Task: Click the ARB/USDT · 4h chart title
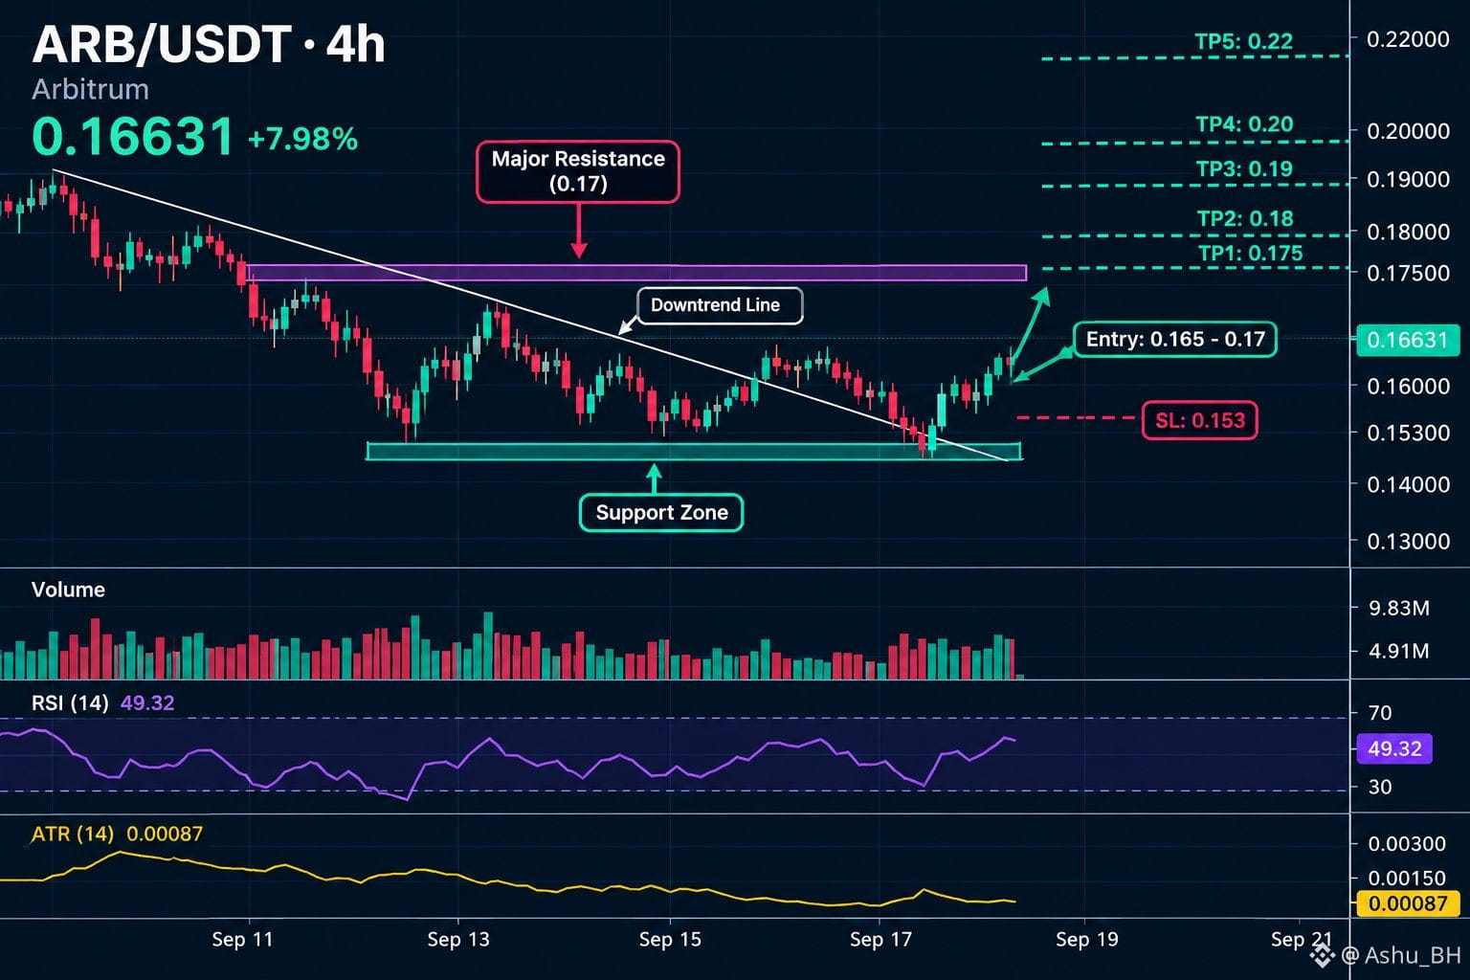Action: pyautogui.click(x=209, y=45)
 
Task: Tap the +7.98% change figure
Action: pyautogui.click(x=303, y=139)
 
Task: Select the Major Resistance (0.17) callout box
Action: pyautogui.click(x=578, y=171)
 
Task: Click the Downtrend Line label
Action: pyautogui.click(x=720, y=305)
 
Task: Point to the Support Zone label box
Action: pyautogui.click(x=661, y=513)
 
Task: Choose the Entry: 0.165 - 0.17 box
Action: pyautogui.click(x=1175, y=340)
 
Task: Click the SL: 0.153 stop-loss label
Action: pyautogui.click(x=1199, y=420)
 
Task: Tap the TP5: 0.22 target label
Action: pyautogui.click(x=1243, y=41)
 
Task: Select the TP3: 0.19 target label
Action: pyautogui.click(x=1244, y=168)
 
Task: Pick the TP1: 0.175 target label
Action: pyautogui.click(x=1250, y=254)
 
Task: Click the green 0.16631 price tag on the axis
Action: pyautogui.click(x=1407, y=340)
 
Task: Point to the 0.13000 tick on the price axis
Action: pyautogui.click(x=1409, y=542)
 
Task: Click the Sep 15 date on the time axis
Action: pyautogui.click(x=670, y=939)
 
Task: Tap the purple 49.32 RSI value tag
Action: pyautogui.click(x=1394, y=748)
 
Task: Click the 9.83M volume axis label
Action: pyautogui.click(x=1399, y=609)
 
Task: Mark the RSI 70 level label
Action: pyautogui.click(x=1380, y=713)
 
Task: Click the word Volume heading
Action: pyautogui.click(x=68, y=590)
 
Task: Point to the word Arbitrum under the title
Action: pyautogui.click(x=91, y=89)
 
